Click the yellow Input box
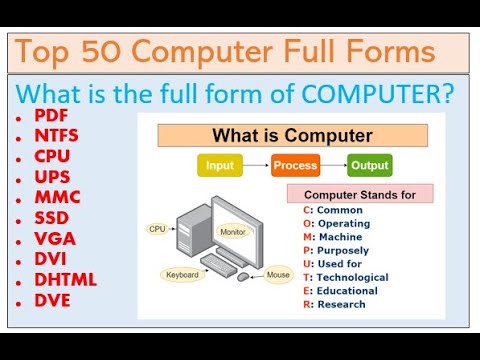(219, 165)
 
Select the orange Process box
(295, 165)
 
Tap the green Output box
(370, 165)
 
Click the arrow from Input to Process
(256, 165)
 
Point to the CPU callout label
(157, 229)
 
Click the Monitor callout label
(233, 231)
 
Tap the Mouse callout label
(278, 274)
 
